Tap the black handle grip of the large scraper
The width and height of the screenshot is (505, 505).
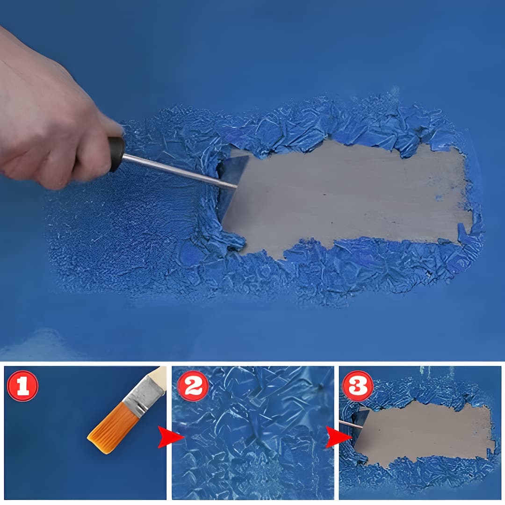pyautogui.click(x=116, y=154)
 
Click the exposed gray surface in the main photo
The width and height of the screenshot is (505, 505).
pyautogui.click(x=346, y=196)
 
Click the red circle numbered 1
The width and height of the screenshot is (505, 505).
pyautogui.click(x=22, y=386)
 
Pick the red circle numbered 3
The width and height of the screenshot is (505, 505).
pyautogui.click(x=358, y=386)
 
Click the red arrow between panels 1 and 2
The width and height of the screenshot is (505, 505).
pyautogui.click(x=168, y=437)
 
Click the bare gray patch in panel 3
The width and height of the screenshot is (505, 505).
pyautogui.click(x=421, y=433)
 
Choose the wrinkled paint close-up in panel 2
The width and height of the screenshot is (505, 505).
pyautogui.click(x=252, y=449)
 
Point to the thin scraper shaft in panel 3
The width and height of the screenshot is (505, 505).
pyautogui.click(x=346, y=424)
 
